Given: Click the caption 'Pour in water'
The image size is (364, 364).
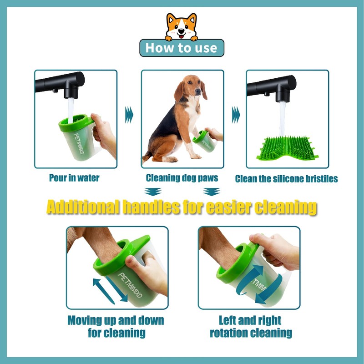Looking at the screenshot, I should [x=74, y=178].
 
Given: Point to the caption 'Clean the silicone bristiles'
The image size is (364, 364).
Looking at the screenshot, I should [x=286, y=179].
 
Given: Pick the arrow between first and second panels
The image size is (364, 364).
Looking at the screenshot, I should [x=130, y=115].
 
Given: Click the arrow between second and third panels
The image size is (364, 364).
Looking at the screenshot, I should [x=235, y=115].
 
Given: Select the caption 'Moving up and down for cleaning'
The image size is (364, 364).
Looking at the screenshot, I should [x=116, y=326].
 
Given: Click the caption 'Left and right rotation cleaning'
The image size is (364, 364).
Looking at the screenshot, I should [x=250, y=326].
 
